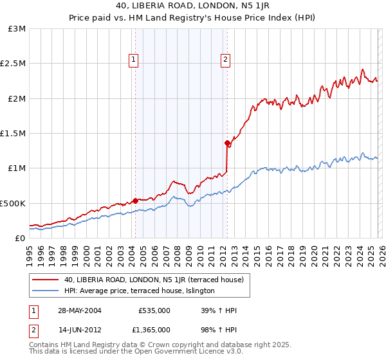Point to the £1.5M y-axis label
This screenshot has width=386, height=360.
pos(14,133)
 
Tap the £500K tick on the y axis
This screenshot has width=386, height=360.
pos(13,203)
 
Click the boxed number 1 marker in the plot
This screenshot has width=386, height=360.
pos(134,60)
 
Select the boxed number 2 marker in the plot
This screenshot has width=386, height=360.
pos(226,60)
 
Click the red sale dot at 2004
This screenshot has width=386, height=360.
pos(135,200)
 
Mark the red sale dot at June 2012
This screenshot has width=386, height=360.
pos(227,143)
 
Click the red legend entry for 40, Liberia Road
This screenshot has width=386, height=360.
pos(153,280)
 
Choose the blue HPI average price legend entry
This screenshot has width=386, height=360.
pos(143,291)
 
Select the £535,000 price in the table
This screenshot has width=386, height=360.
pos(154,310)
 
